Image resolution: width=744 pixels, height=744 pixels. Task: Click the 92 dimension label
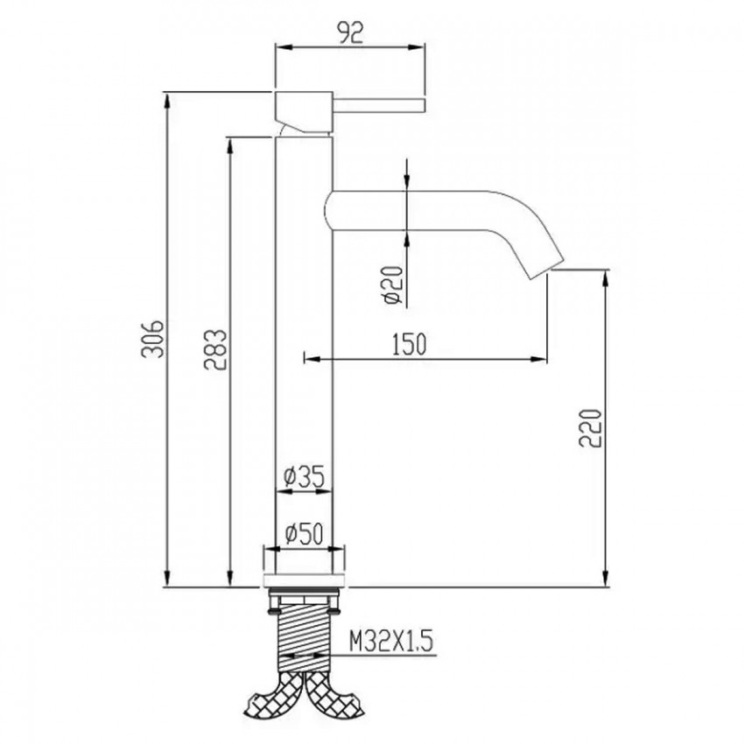351,32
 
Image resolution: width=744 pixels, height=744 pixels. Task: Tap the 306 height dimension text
153,339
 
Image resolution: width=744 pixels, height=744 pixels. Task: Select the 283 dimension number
215,349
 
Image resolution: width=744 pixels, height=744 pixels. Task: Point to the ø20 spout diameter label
394,285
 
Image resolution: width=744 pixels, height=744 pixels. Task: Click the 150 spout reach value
409,344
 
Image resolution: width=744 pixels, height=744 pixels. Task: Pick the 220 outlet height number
590,427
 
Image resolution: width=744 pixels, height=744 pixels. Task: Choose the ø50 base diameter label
304,533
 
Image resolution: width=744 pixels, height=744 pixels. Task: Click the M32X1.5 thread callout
391,642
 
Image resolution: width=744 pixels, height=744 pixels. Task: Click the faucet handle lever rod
378,106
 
